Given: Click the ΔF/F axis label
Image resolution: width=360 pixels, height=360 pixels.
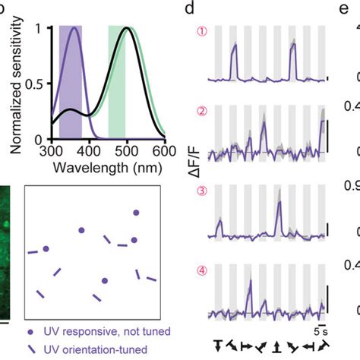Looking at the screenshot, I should [195, 175].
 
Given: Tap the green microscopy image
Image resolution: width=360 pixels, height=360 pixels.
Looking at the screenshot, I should [5, 251].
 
